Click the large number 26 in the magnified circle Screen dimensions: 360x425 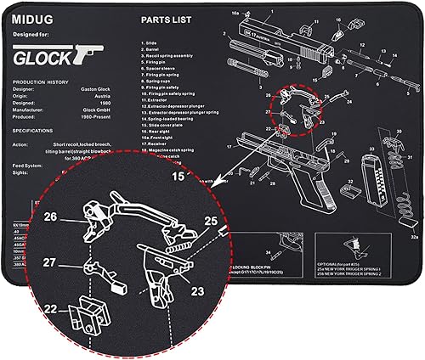click(50, 217)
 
